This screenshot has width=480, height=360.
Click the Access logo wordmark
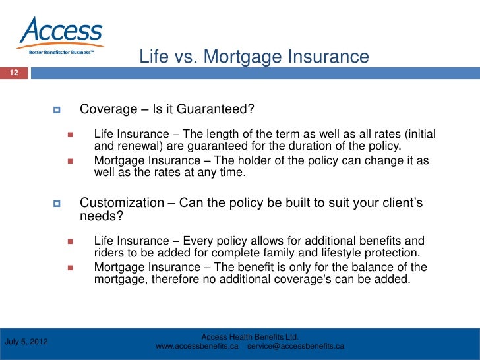click(x=61, y=30)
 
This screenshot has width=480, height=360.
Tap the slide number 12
click(x=14, y=73)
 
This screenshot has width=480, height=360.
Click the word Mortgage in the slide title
click(x=243, y=57)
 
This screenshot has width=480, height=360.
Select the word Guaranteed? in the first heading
click(x=215, y=109)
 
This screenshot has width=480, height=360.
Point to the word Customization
click(x=122, y=202)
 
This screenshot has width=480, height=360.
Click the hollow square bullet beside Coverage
click(x=57, y=109)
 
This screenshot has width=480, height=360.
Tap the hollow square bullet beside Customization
click(x=57, y=203)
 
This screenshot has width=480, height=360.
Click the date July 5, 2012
click(x=26, y=342)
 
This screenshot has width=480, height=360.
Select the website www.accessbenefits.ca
click(x=197, y=347)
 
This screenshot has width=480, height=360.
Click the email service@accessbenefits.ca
click(x=295, y=347)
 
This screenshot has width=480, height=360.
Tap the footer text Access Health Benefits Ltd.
click(x=250, y=337)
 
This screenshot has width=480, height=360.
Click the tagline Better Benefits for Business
click(x=61, y=52)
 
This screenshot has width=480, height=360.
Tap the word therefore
click(x=175, y=279)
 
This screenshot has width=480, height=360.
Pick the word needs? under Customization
click(x=102, y=216)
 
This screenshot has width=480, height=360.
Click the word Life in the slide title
click(x=154, y=57)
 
